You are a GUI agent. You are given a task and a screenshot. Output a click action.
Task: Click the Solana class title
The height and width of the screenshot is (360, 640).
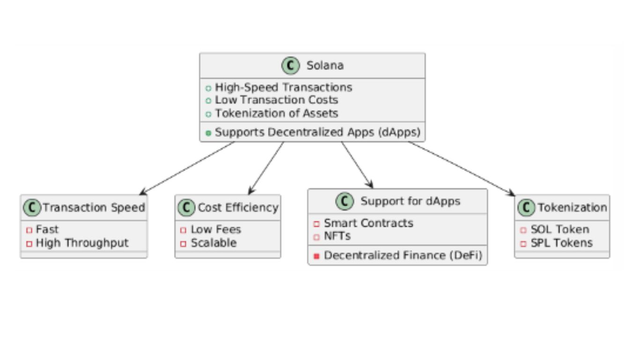325,66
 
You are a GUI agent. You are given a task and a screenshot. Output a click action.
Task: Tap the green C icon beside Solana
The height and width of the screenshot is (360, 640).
290,66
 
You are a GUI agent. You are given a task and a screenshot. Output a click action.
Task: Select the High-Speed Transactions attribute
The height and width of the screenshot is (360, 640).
283,87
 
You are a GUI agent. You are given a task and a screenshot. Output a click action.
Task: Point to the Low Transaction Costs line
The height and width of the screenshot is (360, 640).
276,100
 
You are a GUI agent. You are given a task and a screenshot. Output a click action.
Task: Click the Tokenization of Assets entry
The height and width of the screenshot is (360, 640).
276,113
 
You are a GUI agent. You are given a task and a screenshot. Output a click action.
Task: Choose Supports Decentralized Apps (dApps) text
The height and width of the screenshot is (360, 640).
317,132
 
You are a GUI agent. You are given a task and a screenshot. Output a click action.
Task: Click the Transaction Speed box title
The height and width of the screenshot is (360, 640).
94,207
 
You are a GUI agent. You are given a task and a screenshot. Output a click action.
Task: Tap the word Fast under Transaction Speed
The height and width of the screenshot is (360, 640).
47,229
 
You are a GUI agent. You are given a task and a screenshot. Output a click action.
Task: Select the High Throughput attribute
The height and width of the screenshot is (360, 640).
82,243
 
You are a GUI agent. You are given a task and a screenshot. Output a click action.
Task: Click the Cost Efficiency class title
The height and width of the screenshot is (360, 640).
238,207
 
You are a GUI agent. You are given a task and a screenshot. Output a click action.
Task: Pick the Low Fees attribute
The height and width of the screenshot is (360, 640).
216,229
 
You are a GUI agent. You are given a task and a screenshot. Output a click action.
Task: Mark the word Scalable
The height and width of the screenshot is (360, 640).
214,243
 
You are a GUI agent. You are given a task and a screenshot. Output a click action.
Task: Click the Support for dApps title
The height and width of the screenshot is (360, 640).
410,201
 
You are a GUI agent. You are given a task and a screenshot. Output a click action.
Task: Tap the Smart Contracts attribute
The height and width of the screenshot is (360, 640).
369,223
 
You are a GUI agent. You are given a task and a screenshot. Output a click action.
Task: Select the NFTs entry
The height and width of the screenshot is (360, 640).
337,236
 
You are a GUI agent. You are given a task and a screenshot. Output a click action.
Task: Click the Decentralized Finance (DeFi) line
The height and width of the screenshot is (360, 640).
403,255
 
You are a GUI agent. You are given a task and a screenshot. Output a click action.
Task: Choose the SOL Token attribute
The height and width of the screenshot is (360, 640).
560,229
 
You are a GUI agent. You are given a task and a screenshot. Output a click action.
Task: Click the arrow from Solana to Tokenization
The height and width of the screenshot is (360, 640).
461,168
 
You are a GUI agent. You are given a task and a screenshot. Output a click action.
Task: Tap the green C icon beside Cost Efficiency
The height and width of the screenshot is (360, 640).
186,207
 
